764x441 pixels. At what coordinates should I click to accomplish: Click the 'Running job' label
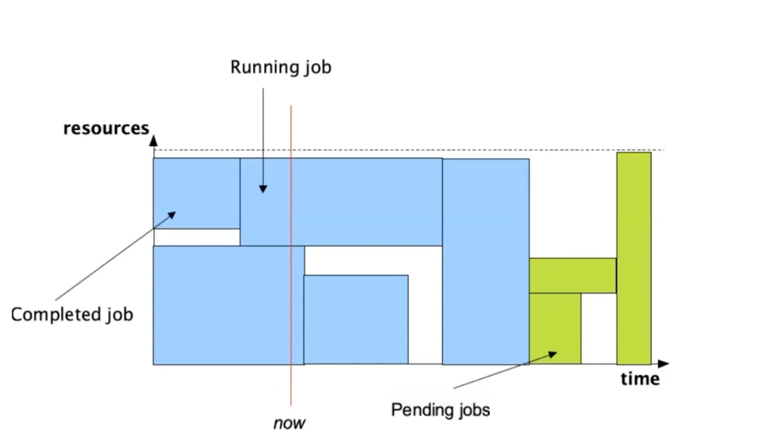pyautogui.click(x=281, y=67)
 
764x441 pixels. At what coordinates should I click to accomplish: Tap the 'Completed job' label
pyautogui.click(x=72, y=314)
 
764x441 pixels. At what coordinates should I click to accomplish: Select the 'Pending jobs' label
pyautogui.click(x=440, y=409)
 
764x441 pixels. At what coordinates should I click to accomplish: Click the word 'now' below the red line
pyautogui.click(x=289, y=423)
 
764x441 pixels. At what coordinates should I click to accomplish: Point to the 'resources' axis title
pyautogui.click(x=106, y=128)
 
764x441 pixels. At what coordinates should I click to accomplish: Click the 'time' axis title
pyautogui.click(x=640, y=378)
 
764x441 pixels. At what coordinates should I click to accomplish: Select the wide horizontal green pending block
pyautogui.click(x=573, y=275)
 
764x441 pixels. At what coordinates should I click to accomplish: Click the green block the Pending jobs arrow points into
pyautogui.click(x=555, y=328)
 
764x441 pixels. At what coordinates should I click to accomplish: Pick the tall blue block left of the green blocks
pyautogui.click(x=485, y=261)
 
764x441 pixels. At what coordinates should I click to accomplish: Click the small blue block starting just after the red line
pyautogui.click(x=356, y=319)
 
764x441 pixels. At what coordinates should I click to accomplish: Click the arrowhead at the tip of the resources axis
pyautogui.click(x=153, y=141)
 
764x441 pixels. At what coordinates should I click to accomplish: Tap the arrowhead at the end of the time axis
pyautogui.click(x=664, y=364)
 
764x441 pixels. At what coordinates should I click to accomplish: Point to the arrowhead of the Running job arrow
pyautogui.click(x=263, y=189)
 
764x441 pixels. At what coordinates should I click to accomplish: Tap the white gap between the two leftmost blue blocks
pyautogui.click(x=197, y=237)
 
